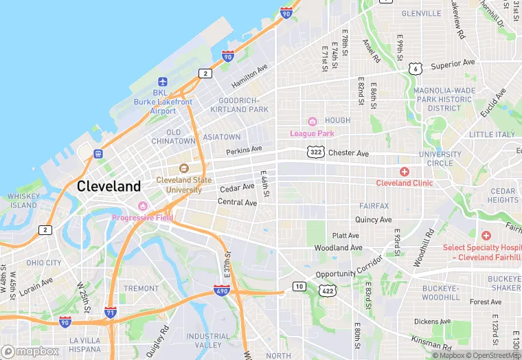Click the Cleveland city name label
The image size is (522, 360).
point(109,185)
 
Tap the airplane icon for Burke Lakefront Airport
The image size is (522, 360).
point(163,82)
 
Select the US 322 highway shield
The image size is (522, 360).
point(316,152)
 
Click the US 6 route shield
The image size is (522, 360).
point(414,69)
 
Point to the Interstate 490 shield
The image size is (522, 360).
point(221,291)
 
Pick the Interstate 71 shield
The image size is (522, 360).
point(111,313)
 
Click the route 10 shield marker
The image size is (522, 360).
point(298,286)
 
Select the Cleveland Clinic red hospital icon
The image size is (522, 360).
point(405,171)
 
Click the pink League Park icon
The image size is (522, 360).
point(311,122)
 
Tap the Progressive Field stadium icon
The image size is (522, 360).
point(143,206)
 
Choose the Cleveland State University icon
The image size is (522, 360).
point(183,168)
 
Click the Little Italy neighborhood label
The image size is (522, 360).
point(492,135)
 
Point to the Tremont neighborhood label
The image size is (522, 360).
point(141,289)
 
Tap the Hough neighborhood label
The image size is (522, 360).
point(337,120)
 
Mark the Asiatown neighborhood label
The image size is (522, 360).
point(221,137)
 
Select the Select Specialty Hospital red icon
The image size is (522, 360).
point(486,235)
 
